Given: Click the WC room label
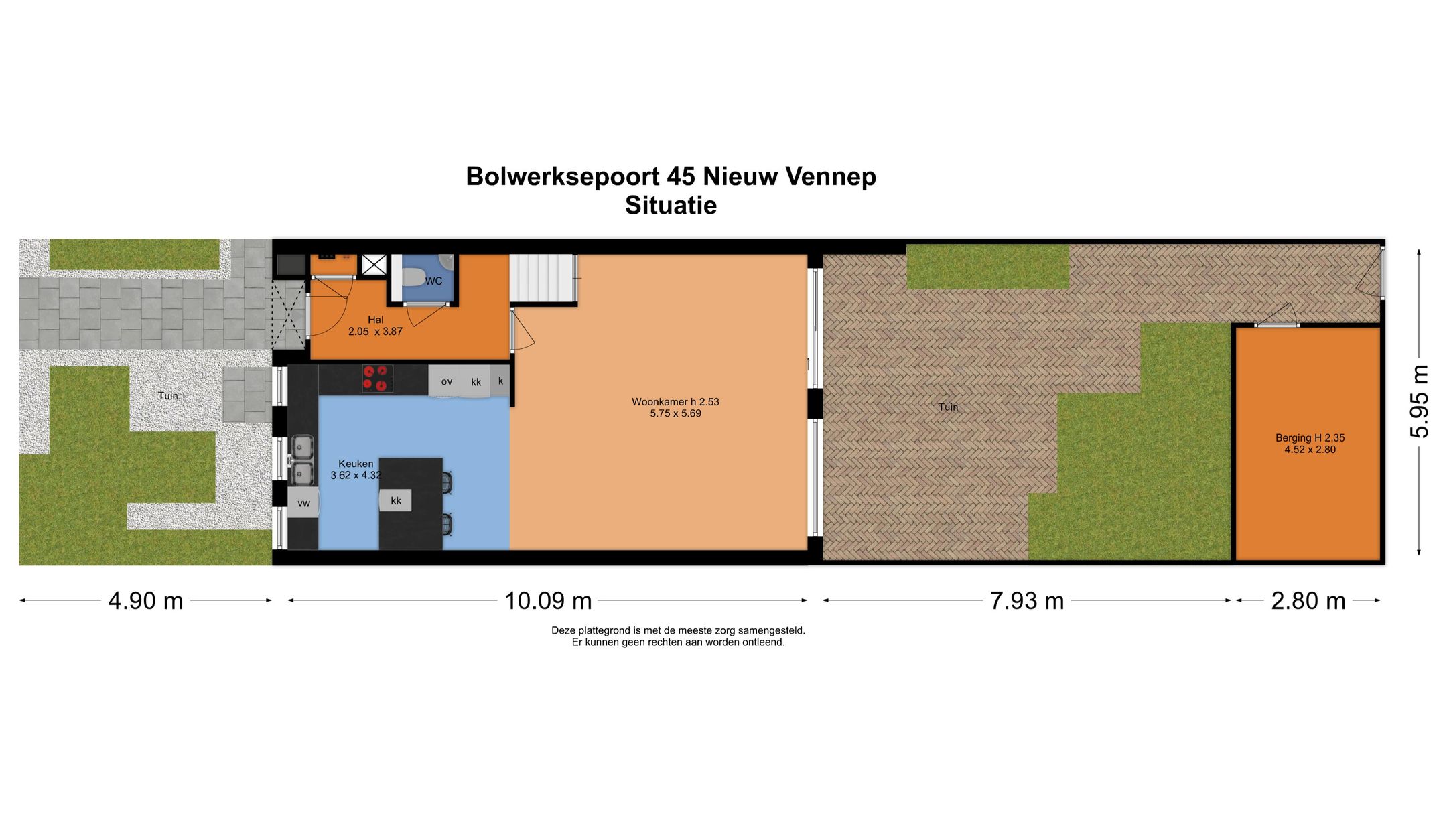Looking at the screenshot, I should tap(433, 281).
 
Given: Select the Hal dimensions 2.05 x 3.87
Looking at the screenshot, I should tap(375, 331).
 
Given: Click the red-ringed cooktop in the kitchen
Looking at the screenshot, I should tap(377, 379).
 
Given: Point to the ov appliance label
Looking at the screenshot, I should tap(447, 382).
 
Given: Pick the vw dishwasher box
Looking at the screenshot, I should tap(303, 503).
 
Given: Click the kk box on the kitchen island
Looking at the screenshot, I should tap(396, 500).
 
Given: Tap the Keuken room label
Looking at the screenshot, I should tap(356, 464).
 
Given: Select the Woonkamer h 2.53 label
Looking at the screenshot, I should tap(675, 402).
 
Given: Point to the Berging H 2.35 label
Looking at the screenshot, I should tap(1310, 438).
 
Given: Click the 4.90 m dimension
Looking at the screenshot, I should tap(145, 601).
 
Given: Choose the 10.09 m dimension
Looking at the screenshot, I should tap(548, 601).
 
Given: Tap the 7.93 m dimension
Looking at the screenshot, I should tap(1027, 601).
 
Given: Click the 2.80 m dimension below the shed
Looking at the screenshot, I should tap(1308, 601).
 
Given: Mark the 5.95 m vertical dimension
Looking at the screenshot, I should tap(1419, 402).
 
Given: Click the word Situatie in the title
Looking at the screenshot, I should tap(671, 205).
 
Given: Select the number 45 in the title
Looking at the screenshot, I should tap(681, 177).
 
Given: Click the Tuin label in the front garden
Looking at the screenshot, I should tap(168, 395).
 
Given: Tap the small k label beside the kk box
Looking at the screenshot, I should tap(500, 381).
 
